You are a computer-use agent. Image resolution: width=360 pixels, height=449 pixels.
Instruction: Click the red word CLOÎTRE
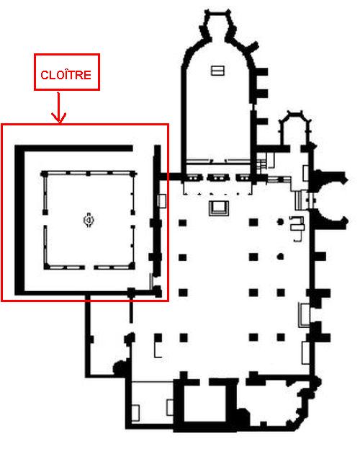point(66,75)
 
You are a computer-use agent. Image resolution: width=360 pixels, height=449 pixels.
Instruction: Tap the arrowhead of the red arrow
point(59,118)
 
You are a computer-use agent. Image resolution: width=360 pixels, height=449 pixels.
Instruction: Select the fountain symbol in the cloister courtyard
point(89,221)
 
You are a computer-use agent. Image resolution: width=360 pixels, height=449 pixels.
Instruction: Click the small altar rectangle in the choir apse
point(217,71)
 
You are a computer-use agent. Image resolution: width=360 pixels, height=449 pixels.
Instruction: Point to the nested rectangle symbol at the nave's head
point(219,208)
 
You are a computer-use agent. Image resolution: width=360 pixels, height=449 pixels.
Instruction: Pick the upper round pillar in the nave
point(281,222)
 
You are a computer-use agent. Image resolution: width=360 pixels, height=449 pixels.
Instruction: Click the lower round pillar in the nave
point(281,257)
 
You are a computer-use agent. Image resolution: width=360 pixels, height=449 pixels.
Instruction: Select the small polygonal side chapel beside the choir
point(295,129)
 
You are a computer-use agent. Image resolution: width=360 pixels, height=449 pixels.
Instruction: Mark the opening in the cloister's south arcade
point(89,267)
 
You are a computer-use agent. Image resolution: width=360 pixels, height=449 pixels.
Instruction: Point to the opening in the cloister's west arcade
point(45,221)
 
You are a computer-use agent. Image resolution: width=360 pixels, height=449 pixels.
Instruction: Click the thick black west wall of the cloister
point(19,221)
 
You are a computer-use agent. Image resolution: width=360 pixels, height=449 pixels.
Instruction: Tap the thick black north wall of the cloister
point(74,148)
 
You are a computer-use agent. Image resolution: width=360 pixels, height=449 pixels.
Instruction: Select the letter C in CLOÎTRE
point(45,75)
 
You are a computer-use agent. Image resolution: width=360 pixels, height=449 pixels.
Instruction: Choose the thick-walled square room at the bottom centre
point(204,404)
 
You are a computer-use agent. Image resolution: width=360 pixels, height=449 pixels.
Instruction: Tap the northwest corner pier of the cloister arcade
point(44,174)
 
